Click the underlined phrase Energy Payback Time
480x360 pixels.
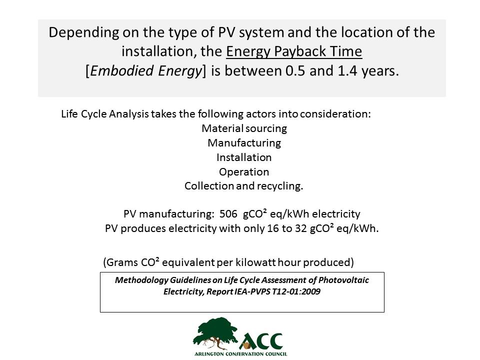(294, 51)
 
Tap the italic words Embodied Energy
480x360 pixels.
(146, 70)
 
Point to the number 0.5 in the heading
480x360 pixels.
(295, 70)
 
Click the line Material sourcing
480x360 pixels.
(244, 128)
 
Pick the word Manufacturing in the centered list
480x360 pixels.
(244, 143)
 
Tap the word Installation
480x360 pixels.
(244, 157)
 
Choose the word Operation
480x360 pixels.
(244, 171)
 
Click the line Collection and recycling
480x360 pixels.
(243, 186)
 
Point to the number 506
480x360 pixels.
(228, 213)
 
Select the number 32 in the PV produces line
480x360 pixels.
(301, 228)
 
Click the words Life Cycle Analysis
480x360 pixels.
(105, 114)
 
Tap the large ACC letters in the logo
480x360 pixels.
(261, 341)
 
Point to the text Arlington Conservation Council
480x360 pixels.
(241, 354)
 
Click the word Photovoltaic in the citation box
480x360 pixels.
(343, 280)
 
